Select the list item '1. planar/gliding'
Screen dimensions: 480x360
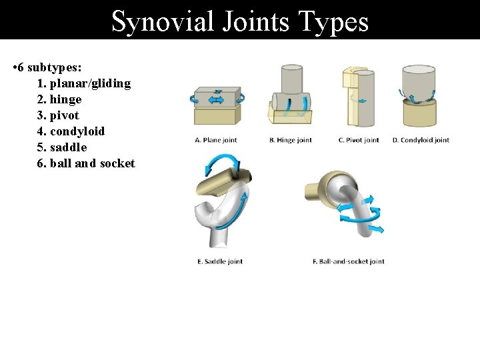[x=84, y=83]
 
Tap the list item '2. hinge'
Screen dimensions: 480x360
[x=59, y=99]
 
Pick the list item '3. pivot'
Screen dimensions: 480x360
[x=58, y=115]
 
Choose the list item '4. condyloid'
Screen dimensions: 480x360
[x=71, y=131]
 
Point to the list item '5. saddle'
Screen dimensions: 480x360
[x=62, y=147]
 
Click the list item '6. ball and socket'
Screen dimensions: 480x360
[x=86, y=163]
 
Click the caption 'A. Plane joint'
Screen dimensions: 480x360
[x=215, y=140]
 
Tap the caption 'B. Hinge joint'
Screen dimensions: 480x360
[x=291, y=140]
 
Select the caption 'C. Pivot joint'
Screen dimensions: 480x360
[x=359, y=140]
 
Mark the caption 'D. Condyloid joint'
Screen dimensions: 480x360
[x=421, y=140]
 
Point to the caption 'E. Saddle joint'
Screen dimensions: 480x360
[x=220, y=261]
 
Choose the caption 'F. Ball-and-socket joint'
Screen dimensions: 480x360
[x=349, y=261]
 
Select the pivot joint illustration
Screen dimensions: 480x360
[x=357, y=97]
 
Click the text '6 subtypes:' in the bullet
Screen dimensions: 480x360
[x=47, y=67]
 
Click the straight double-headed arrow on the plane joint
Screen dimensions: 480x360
[x=217, y=100]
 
